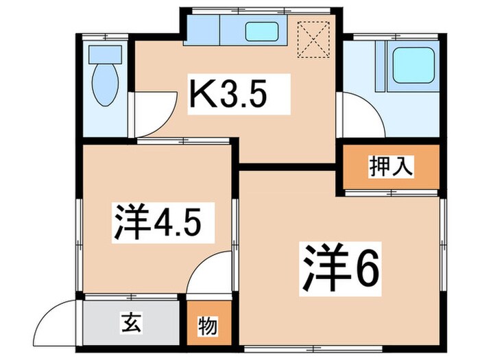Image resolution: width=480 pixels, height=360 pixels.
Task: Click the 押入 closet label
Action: point(392,167)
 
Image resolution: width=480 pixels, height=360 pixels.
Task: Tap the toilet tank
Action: point(105,53)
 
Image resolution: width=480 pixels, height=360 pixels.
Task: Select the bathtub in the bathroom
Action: point(413,65)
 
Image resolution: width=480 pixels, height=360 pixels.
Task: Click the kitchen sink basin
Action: point(262,32)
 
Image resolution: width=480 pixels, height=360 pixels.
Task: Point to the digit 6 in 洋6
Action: point(362,270)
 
